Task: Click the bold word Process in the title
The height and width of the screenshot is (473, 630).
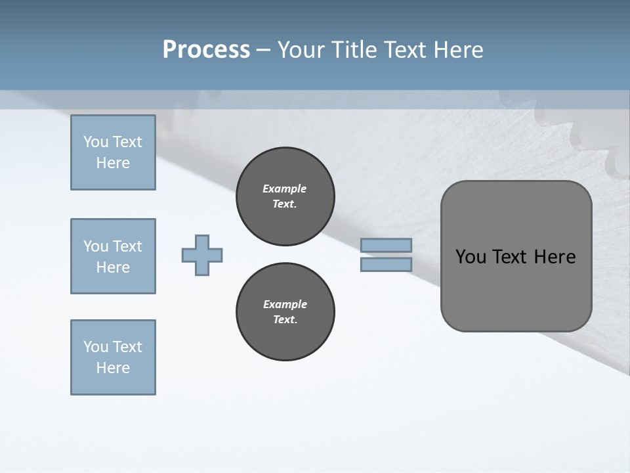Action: pyautogui.click(x=206, y=50)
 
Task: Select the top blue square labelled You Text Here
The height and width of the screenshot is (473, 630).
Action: pyautogui.click(x=113, y=152)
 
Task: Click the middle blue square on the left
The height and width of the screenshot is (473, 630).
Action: pyautogui.click(x=113, y=256)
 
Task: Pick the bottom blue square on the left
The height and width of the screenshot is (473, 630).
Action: pyautogui.click(x=113, y=357)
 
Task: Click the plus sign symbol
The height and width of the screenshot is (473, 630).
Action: pyautogui.click(x=202, y=255)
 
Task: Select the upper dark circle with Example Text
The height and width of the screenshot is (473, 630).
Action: pyautogui.click(x=285, y=196)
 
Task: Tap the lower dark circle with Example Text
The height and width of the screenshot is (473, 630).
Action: pyautogui.click(x=285, y=312)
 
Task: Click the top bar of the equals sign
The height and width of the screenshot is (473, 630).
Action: pyautogui.click(x=386, y=246)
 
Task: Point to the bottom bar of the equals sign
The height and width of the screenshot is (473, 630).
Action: pyautogui.click(x=386, y=265)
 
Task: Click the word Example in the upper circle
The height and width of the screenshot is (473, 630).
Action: pyautogui.click(x=285, y=189)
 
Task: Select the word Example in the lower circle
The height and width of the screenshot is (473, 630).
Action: pyautogui.click(x=285, y=304)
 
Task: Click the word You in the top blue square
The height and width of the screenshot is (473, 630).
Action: pyautogui.click(x=95, y=142)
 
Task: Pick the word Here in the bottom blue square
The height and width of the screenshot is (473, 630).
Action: pyautogui.click(x=113, y=368)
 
